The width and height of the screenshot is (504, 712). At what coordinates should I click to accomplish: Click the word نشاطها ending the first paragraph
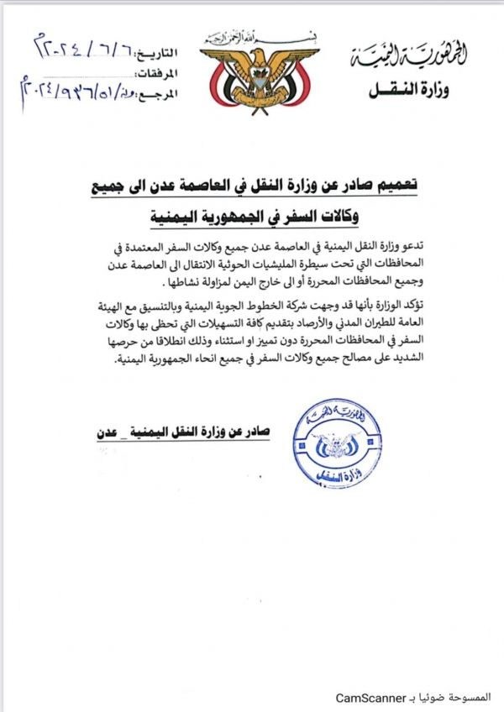click(179, 279)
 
